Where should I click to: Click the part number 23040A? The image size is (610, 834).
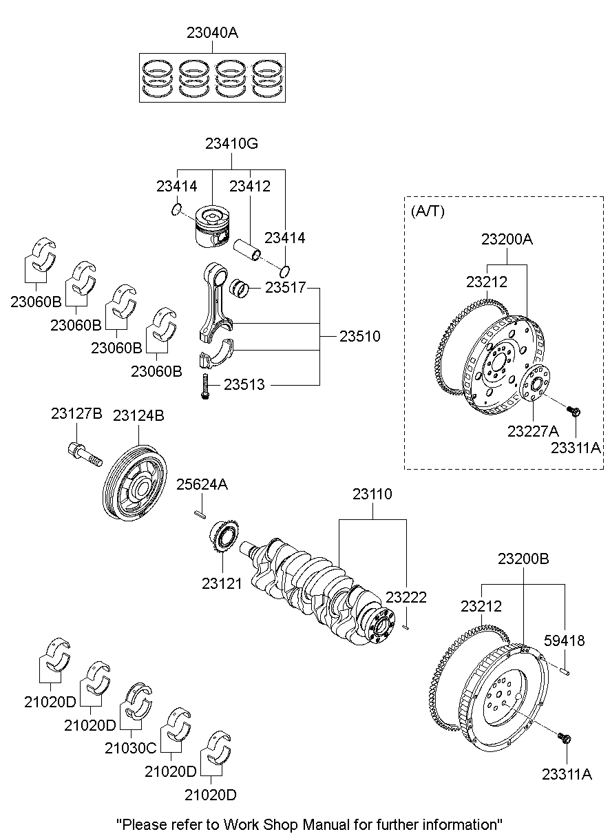212,32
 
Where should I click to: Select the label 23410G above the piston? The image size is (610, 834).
231,144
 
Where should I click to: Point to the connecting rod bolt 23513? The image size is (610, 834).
204,386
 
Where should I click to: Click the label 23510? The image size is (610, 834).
359,337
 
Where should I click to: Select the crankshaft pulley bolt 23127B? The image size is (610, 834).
85,453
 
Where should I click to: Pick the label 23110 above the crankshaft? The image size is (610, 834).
372,494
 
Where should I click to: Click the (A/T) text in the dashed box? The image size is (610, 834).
428,211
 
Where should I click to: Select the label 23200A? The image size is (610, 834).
507,240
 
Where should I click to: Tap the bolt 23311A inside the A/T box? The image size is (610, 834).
573,412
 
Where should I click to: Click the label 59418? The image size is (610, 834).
565,641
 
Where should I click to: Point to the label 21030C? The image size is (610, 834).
131,747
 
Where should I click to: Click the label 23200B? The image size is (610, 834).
523,559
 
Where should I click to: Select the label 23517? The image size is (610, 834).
285,289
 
